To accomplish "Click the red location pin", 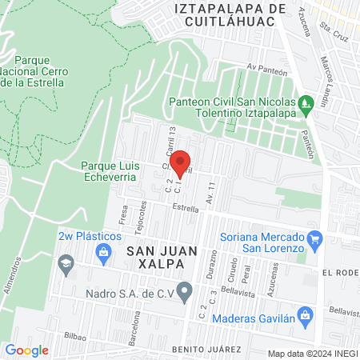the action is point(182,162).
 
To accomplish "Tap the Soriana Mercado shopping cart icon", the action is point(314,238).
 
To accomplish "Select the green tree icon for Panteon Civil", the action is point(304,103).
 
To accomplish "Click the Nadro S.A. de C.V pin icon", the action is point(186,290).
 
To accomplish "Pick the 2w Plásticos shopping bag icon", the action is point(102,254).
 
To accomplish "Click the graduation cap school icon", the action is point(65,263).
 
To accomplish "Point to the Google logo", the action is point(26,350).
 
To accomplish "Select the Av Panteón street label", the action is point(266,67).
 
